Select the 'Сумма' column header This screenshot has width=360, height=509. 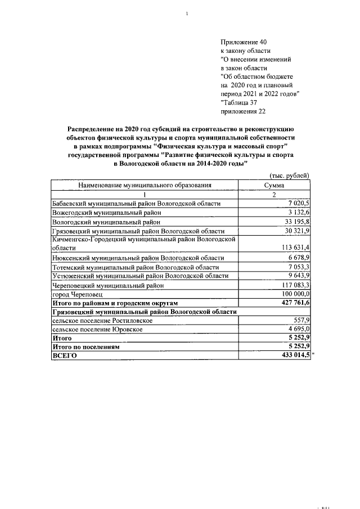pyautogui.click(x=274, y=184)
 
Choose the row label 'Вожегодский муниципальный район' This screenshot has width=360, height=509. pyautogui.click(x=107, y=213)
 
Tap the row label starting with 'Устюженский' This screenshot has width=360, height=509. pyautogui.click(x=140, y=276)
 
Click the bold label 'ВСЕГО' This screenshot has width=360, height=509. pyautogui.click(x=64, y=356)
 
